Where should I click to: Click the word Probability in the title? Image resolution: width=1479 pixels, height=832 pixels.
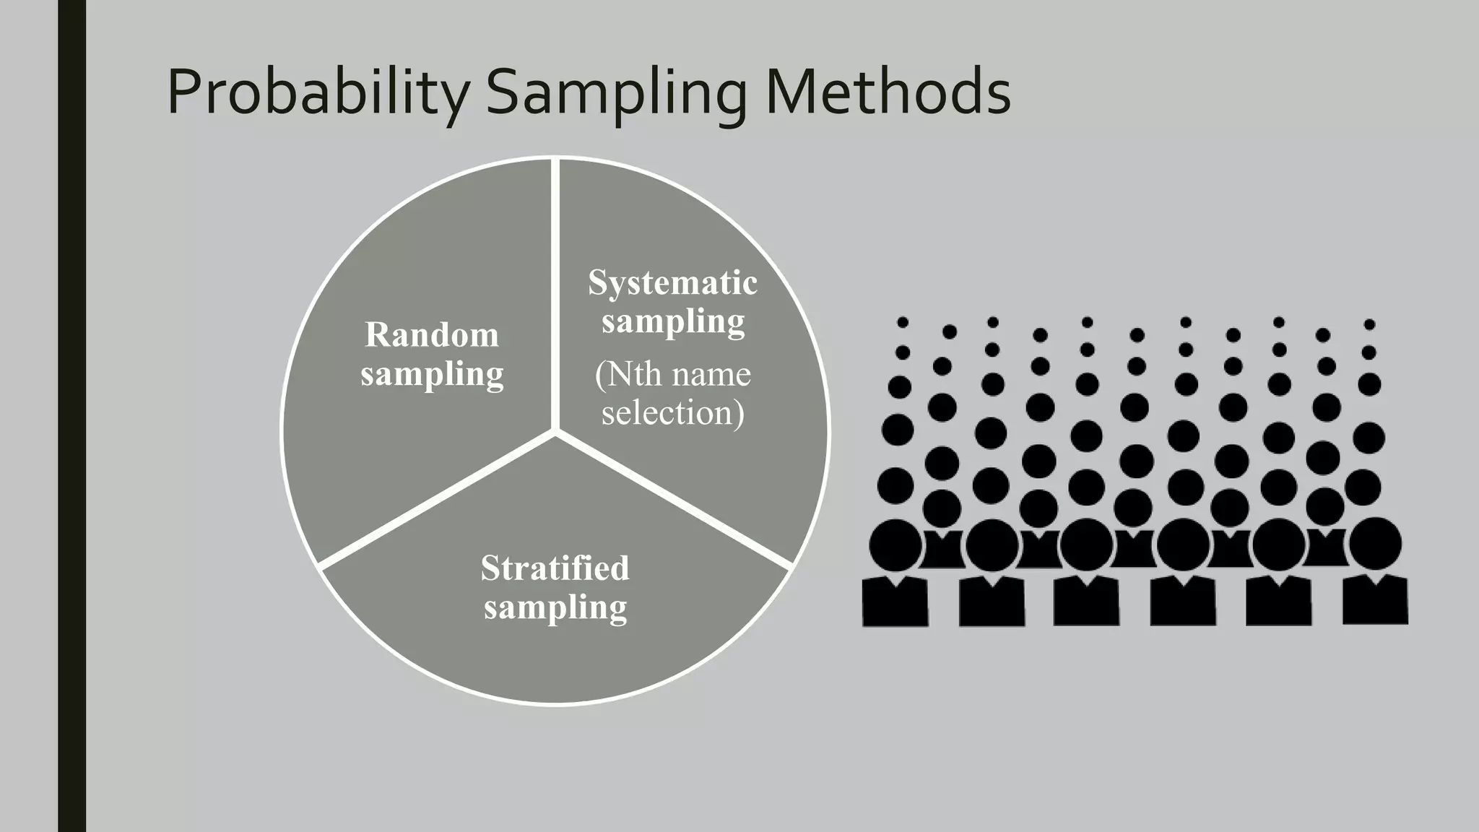(318, 92)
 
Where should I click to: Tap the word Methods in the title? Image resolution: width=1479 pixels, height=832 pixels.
(888, 92)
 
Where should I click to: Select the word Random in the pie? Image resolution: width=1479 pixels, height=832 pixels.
(432, 334)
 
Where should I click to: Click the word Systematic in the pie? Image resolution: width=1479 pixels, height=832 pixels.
(672, 282)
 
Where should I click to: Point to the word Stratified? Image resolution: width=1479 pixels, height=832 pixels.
(555, 568)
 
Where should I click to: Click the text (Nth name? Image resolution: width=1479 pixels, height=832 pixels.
(672, 374)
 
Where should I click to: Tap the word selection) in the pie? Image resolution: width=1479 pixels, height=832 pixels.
(672, 412)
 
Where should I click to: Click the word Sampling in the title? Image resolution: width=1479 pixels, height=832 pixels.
(616, 92)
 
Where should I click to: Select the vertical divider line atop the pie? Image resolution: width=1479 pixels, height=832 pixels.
(555, 289)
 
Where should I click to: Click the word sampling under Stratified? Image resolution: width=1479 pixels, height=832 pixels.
(555, 607)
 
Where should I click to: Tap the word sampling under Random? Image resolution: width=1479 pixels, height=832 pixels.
(432, 374)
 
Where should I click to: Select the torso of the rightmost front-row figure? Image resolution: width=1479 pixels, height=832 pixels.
(1375, 601)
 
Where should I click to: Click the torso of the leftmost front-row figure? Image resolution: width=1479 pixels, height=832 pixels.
(895, 602)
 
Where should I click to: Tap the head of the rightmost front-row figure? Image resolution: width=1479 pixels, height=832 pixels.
(1375, 543)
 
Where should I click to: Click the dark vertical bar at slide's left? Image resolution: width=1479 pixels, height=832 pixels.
(71, 416)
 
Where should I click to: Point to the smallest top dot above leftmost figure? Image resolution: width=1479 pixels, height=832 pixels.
(903, 322)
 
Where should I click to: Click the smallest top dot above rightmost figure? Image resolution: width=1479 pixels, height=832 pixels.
(1369, 324)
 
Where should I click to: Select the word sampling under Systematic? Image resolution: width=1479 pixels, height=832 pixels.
(672, 321)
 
